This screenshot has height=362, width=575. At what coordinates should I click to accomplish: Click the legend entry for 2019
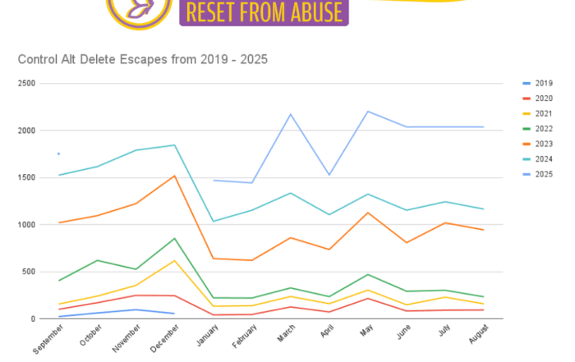coord(543,83)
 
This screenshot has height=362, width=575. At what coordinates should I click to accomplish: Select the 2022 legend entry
coord(543,128)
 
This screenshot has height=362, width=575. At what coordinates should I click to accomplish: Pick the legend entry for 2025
coord(543,174)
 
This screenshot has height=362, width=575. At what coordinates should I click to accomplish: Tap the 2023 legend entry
coord(543,144)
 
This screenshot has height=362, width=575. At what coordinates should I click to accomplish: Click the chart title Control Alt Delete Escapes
coord(142,60)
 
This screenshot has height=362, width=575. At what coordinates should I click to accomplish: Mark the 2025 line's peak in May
coord(367,111)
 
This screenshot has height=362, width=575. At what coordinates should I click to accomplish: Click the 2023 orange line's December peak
coord(174,176)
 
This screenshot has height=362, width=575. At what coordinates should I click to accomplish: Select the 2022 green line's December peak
coord(174,238)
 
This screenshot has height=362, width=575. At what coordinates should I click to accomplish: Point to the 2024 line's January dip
coord(213,221)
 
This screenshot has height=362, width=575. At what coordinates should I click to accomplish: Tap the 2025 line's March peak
coord(290,114)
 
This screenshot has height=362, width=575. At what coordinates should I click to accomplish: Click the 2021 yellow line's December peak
coord(174,260)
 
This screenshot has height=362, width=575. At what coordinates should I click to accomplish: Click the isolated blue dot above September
coord(58,154)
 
